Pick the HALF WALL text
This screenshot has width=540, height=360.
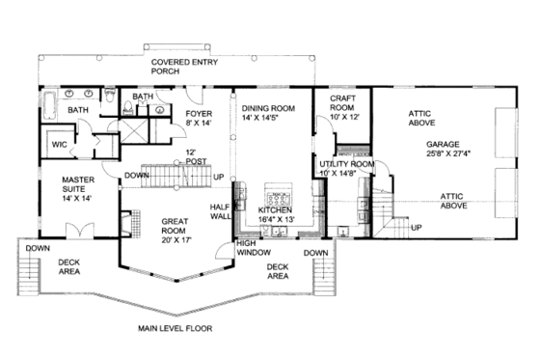point(221,212)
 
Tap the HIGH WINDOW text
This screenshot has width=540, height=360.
point(254,248)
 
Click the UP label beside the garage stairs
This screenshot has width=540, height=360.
point(416,229)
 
